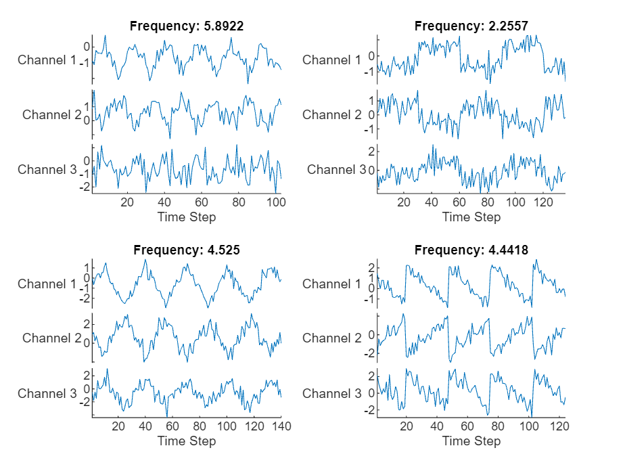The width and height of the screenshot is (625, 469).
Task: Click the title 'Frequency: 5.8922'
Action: pos(187,26)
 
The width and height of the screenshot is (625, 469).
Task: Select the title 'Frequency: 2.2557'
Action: pos(471,26)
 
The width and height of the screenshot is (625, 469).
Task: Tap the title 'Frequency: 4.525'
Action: pos(187,250)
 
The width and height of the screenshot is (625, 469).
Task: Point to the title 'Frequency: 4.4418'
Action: pos(471,250)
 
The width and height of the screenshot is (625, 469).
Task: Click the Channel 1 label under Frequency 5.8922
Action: pos(47,60)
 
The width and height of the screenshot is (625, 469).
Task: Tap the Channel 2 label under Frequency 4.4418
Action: pos(332,338)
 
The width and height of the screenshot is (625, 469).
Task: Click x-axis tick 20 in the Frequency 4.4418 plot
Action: pos(405,426)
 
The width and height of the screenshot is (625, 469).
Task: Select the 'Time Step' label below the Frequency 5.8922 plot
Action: pos(187,217)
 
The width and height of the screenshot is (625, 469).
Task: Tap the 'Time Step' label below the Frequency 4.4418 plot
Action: pos(471,441)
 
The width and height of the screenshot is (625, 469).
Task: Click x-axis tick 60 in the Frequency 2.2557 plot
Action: pos(460,202)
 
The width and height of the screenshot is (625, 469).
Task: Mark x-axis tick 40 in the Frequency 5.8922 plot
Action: pos(164,202)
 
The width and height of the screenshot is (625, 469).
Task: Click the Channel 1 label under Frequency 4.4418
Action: pos(332,284)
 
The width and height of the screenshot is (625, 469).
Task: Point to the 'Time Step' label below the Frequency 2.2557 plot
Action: pos(471,217)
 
